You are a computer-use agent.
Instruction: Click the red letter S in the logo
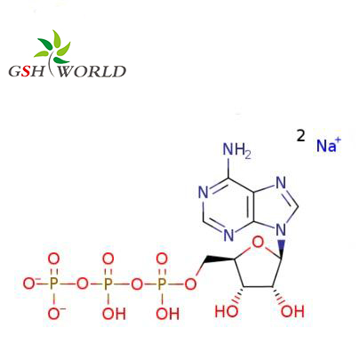point(27,71)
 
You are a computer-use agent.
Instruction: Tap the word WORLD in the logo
point(92,71)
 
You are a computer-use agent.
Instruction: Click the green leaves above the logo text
point(53,47)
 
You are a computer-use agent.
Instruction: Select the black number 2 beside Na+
point(300,135)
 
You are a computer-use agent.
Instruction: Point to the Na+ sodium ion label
point(329,145)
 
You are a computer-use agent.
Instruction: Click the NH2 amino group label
point(236,150)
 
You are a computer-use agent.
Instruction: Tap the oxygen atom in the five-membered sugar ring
point(258,243)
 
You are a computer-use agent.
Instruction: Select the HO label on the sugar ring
point(227,311)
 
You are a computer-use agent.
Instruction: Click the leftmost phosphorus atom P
point(53,284)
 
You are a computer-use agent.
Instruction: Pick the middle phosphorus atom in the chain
point(108,284)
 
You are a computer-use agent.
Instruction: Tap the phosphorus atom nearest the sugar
point(162,284)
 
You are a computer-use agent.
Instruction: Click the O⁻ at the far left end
point(29,284)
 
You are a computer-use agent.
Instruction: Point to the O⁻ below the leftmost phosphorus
point(55,314)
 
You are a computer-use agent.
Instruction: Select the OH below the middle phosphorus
point(114,314)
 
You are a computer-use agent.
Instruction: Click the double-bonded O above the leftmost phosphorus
point(53,260)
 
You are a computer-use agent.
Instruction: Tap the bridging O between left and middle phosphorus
point(82,284)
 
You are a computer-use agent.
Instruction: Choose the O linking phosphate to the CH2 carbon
point(190,284)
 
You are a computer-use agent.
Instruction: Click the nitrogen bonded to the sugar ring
point(281,230)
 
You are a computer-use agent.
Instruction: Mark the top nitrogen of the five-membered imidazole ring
point(281,183)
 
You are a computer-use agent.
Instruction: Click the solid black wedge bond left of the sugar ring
point(220,260)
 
